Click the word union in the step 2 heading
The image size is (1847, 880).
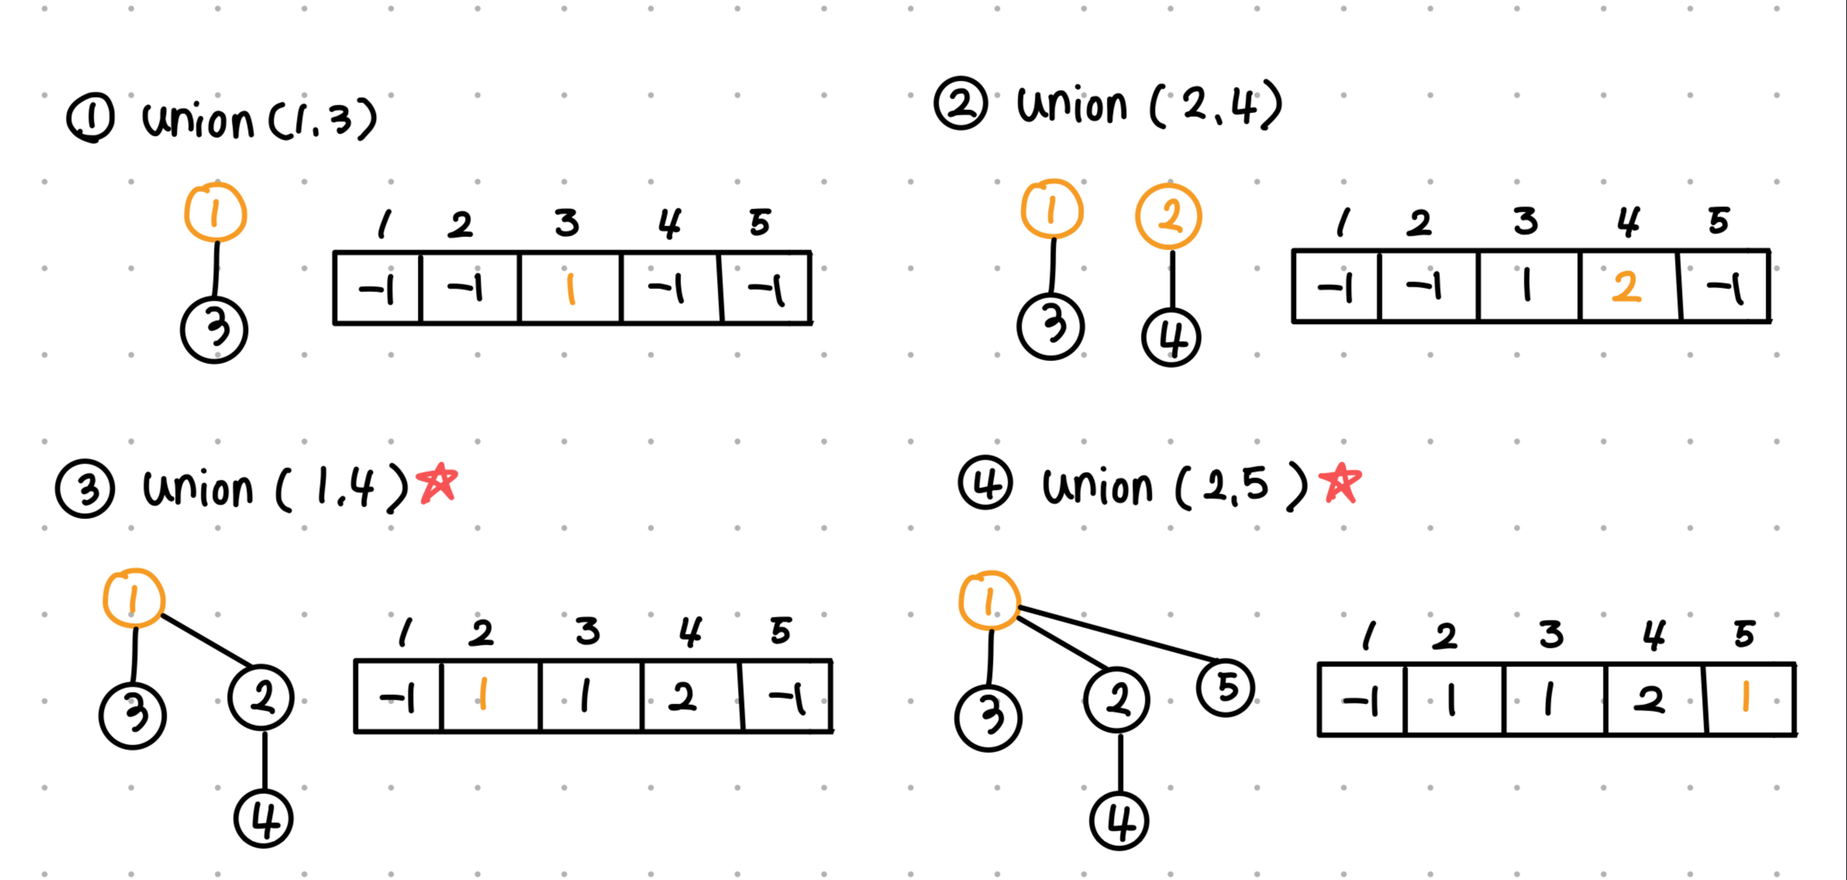(x=1071, y=106)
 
